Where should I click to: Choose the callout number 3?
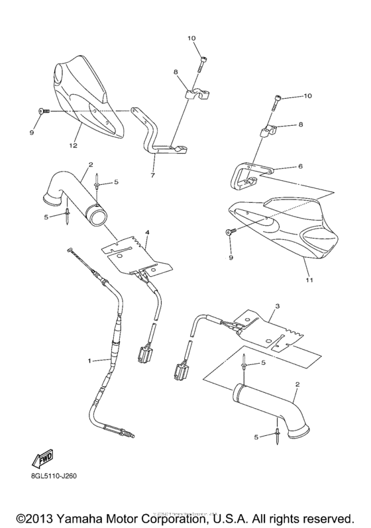[277, 306]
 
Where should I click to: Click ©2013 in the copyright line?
[37, 516]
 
